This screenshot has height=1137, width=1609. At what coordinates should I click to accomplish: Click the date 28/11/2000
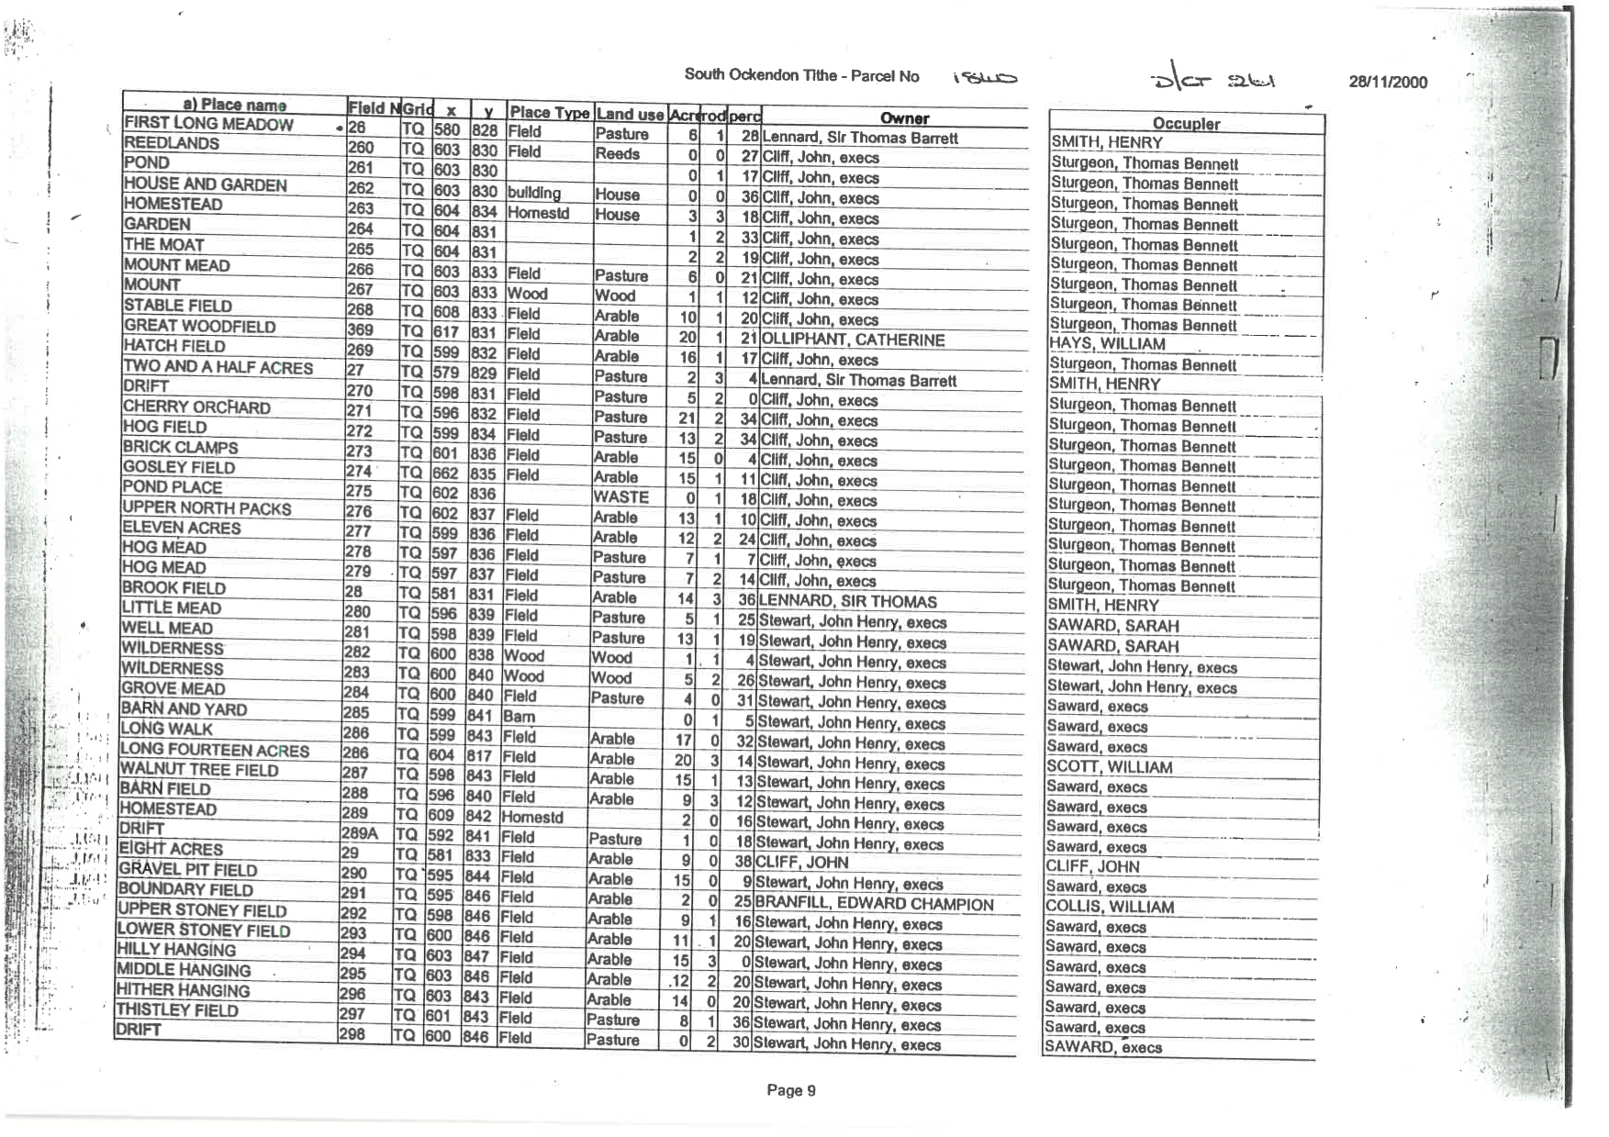tap(1388, 82)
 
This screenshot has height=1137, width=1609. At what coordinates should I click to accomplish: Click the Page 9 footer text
tap(790, 1090)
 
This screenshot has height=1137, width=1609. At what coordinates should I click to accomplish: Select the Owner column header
tap(904, 118)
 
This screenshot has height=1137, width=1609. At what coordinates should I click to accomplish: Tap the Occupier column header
tap(1186, 124)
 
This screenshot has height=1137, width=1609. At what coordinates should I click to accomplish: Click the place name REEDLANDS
tap(172, 143)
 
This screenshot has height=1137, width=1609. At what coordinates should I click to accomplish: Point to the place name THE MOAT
tap(164, 245)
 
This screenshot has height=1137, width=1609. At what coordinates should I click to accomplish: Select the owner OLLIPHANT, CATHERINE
tap(853, 340)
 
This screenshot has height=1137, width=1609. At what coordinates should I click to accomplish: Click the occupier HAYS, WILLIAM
tap(1108, 344)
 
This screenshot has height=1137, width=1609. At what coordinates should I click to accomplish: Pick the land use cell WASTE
tap(621, 496)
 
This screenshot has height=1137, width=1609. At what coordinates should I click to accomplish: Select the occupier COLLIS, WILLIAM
tap(1110, 907)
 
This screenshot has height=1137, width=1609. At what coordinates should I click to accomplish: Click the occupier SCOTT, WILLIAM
tap(1110, 767)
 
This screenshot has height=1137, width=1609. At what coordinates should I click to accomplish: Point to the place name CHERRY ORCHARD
tap(196, 407)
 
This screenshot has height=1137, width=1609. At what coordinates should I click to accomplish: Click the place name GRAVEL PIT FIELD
tap(188, 869)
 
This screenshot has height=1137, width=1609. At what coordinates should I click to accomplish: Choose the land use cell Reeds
tap(617, 154)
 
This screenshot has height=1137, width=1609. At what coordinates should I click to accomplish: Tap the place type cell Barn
tap(519, 716)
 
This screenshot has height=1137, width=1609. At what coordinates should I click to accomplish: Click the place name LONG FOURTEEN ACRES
tap(215, 750)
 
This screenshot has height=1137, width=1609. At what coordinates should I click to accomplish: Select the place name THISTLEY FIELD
tap(177, 1010)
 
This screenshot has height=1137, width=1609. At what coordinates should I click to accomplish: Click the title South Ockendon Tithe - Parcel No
tap(801, 75)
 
